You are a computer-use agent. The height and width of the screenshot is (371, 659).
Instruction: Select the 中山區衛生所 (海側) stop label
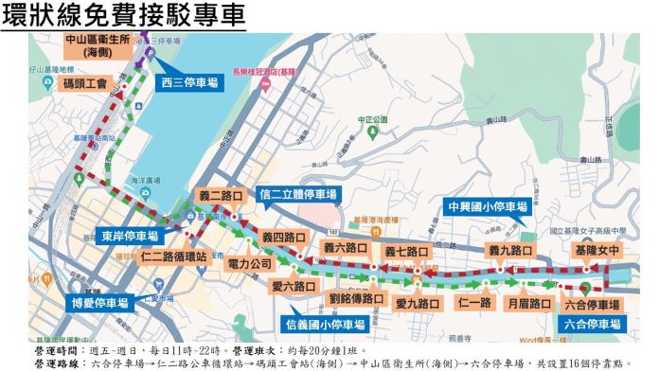click(x=90, y=46)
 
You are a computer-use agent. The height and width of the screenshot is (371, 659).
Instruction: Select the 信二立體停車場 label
click(x=297, y=195)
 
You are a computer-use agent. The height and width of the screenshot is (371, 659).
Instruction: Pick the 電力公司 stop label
click(x=250, y=265)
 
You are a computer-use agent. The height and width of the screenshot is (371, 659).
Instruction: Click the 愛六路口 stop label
click(x=293, y=286)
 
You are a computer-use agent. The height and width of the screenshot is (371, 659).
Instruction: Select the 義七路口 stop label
click(x=407, y=253)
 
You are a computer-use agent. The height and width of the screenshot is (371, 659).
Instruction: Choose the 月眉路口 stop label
click(x=528, y=304)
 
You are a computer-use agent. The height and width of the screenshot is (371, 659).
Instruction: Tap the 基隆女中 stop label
click(x=597, y=251)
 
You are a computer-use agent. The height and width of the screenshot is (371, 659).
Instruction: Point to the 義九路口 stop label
click(x=511, y=251)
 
